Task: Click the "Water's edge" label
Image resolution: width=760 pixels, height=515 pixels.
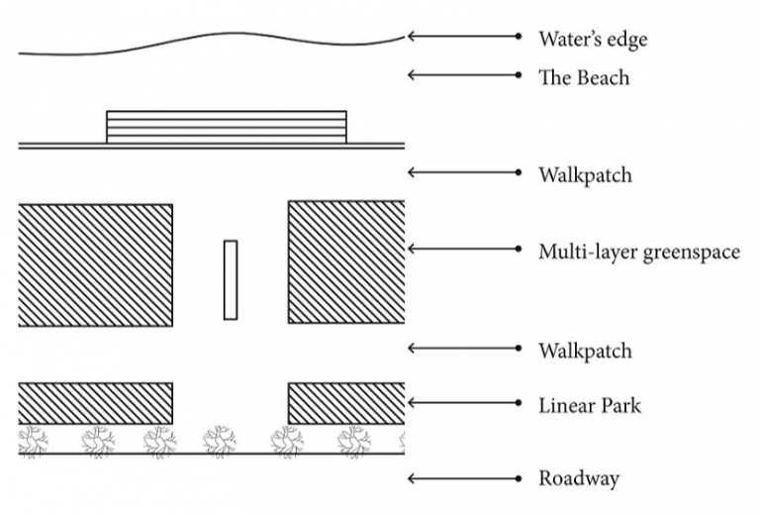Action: [x=593, y=40]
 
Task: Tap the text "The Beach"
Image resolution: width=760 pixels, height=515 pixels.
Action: [x=584, y=77]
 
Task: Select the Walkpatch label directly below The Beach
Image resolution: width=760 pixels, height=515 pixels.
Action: [x=586, y=175]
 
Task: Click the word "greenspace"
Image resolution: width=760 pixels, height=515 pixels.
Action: [x=691, y=253]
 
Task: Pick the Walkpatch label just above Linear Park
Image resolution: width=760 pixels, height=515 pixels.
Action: [x=586, y=352]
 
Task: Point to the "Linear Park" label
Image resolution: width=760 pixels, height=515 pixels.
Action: [x=590, y=405]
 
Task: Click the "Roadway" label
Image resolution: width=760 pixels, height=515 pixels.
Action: [x=579, y=479]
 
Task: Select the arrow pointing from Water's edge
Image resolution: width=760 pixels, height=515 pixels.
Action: [x=464, y=37]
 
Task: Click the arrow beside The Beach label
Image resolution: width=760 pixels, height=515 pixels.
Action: [x=464, y=75]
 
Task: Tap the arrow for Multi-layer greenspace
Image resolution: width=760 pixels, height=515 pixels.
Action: [x=464, y=249]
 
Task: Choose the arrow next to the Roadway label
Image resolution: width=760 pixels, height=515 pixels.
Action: [x=464, y=479]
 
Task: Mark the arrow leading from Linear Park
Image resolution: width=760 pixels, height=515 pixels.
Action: [x=464, y=403]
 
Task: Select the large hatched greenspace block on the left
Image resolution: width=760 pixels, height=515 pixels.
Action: [x=95, y=265]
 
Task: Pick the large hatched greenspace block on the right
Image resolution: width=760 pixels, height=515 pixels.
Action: [x=346, y=261]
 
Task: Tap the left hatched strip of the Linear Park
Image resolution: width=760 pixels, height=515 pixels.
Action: [x=95, y=403]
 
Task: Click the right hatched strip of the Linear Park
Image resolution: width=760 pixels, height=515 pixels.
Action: [x=346, y=403]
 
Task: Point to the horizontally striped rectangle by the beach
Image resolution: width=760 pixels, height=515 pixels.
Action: [x=227, y=127]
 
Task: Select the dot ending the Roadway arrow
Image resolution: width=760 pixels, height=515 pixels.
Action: [x=519, y=479]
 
